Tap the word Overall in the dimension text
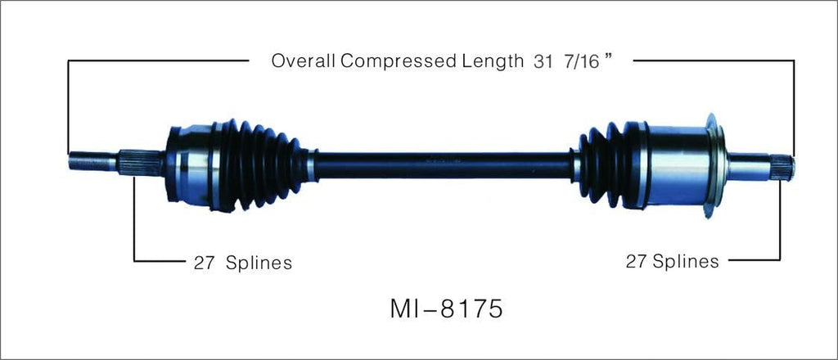(x=300, y=61)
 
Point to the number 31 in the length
(x=543, y=61)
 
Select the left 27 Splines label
(x=242, y=263)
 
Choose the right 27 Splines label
(x=672, y=261)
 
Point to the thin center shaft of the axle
(x=442, y=165)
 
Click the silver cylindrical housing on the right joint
(x=675, y=166)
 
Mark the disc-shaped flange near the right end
(x=714, y=166)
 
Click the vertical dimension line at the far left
(x=69, y=106)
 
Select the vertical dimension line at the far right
(x=793, y=106)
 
